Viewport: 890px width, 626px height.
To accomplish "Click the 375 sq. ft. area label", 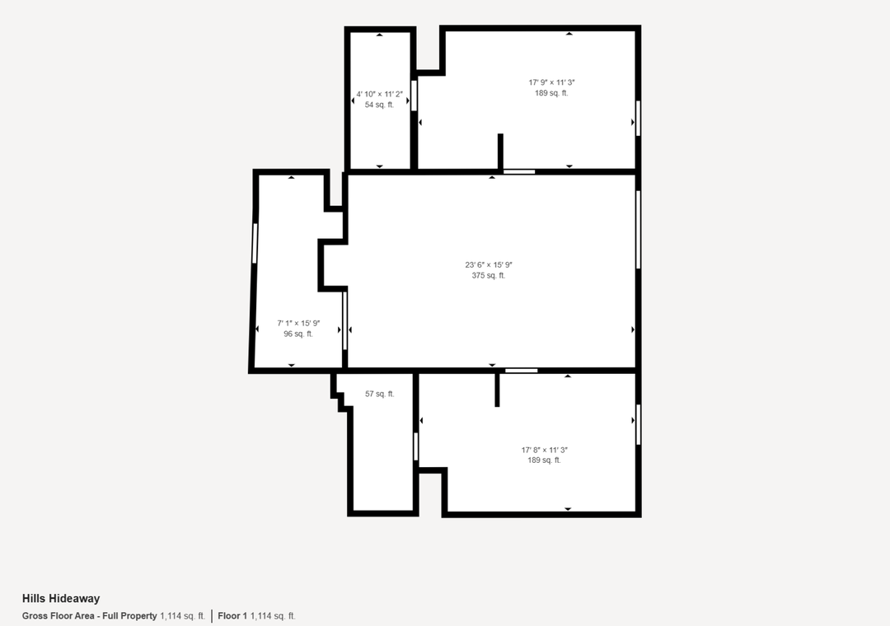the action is [489, 275].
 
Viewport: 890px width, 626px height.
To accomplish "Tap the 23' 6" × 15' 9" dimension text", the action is [489, 264].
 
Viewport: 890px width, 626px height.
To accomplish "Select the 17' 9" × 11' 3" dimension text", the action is [551, 82].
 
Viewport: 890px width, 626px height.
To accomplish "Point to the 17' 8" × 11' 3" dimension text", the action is [545, 450].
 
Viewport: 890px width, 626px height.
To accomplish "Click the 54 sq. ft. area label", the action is [379, 105].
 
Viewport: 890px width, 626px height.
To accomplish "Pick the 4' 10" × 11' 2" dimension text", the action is [379, 94].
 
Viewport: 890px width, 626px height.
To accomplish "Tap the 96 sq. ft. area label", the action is [298, 334].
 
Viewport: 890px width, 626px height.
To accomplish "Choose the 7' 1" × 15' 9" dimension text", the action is [298, 323].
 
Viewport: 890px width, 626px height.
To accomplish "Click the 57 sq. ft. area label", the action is [380, 394].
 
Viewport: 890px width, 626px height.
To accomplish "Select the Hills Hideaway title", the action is [61, 598].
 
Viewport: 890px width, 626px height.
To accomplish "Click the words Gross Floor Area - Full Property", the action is [90, 616].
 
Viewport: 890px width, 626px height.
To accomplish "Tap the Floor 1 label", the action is [232, 616].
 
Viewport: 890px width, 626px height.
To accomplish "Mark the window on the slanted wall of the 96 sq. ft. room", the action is [255, 243].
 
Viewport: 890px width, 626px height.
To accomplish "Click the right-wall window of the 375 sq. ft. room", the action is [638, 229].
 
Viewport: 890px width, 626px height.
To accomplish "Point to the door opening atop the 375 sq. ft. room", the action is [519, 171].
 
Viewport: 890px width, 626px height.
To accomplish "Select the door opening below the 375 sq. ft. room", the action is [522, 371].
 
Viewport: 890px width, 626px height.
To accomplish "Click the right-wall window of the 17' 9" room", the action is [638, 119].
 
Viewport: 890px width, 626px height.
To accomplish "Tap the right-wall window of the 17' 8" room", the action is [639, 424].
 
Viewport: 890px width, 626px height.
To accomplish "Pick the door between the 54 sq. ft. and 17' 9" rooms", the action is [414, 96].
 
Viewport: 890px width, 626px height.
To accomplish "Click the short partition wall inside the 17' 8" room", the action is [497, 390].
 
